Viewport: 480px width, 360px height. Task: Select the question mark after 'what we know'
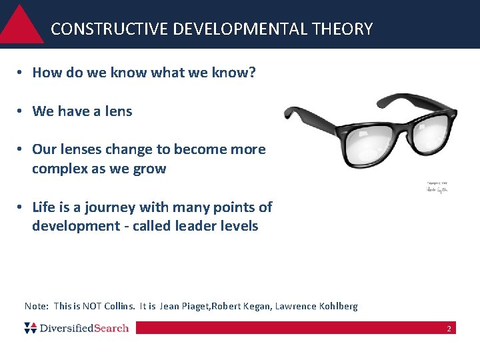pyautogui.click(x=253, y=73)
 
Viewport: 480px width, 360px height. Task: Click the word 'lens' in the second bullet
pyautogui.click(x=119, y=111)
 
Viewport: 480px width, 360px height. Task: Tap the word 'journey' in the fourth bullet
pyautogui.click(x=100, y=207)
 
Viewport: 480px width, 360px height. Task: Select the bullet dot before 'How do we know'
pyautogui.click(x=22, y=73)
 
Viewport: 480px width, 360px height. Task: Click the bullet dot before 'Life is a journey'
pyautogui.click(x=22, y=207)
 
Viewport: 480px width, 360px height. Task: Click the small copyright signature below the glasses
pyautogui.click(x=438, y=188)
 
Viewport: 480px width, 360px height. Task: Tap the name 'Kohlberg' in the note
pyautogui.click(x=337, y=307)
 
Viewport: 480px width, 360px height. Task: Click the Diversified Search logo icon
pyautogui.click(x=31, y=327)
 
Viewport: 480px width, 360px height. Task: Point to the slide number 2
pyautogui.click(x=449, y=329)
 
